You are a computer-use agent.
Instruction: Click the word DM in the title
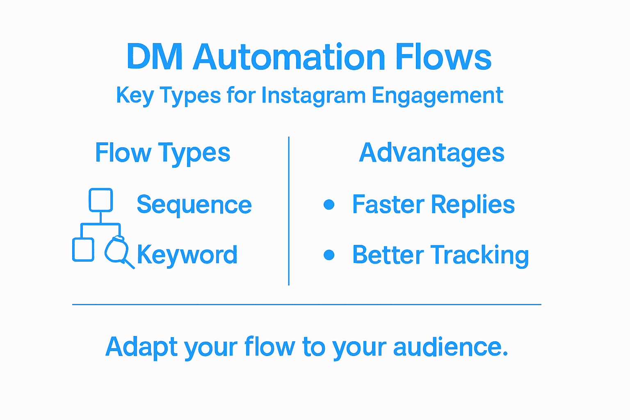click(x=154, y=57)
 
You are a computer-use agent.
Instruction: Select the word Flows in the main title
click(x=443, y=57)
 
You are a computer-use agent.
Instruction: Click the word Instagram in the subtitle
click(x=313, y=96)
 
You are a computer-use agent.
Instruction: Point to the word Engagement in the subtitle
click(x=437, y=96)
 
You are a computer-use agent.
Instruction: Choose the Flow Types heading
click(x=162, y=153)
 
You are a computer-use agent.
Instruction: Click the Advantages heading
click(x=431, y=153)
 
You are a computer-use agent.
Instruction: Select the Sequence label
click(x=194, y=204)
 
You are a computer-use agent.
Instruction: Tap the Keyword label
click(x=187, y=255)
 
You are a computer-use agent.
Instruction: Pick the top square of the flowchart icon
click(x=101, y=200)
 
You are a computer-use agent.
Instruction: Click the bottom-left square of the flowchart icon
click(x=83, y=249)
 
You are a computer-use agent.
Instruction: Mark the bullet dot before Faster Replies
click(x=329, y=204)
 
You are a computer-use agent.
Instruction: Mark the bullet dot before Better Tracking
click(x=329, y=255)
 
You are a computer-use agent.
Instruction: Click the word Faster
click(x=388, y=204)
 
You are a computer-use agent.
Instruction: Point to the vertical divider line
click(x=289, y=211)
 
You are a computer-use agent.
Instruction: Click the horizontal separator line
click(x=307, y=304)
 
